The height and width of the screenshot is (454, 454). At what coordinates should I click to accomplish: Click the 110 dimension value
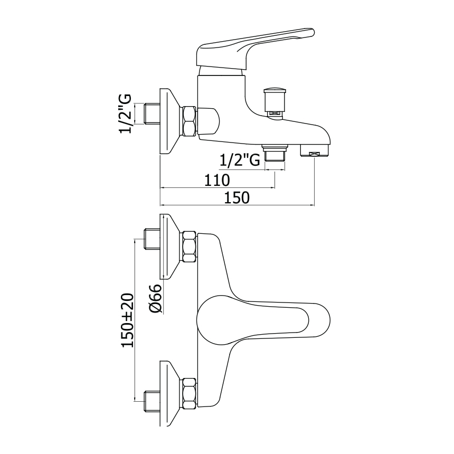pos(217,180)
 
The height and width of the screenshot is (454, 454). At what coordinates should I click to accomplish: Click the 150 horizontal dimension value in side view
pos(237,198)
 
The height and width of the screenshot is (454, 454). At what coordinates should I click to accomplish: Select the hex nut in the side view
pos(189,121)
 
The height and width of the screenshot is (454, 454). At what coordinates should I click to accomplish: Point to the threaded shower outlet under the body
pos(275,154)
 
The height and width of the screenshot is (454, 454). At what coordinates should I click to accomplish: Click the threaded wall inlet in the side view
pos(152,113)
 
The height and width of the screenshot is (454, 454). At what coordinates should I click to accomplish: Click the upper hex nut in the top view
pos(189,247)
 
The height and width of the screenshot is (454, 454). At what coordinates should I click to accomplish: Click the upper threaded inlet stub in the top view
pos(152,239)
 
